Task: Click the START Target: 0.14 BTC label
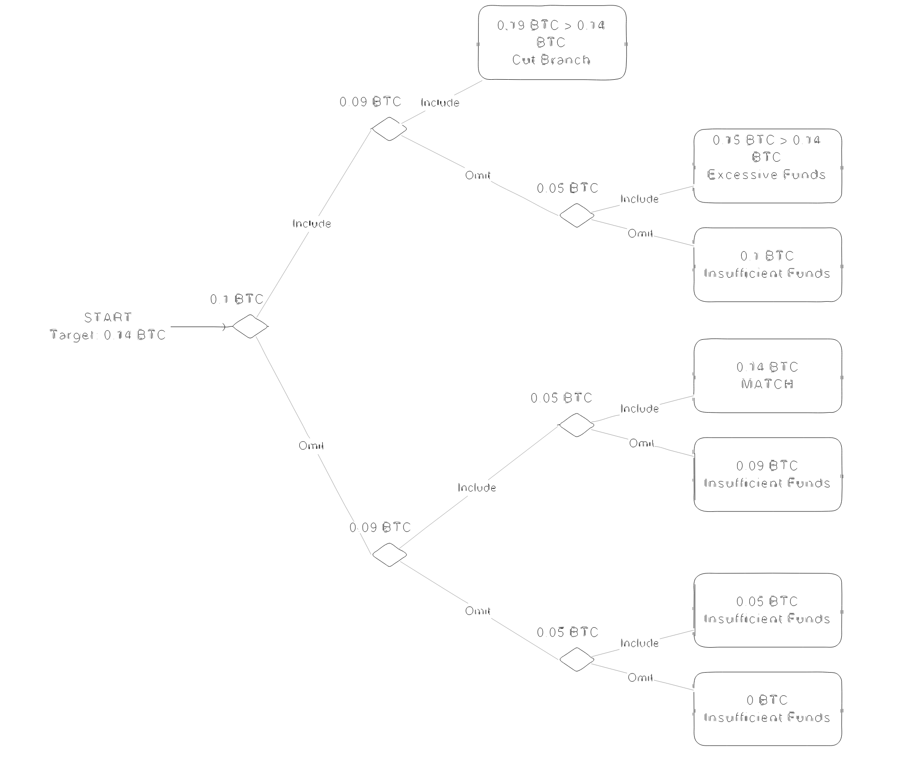point(108,326)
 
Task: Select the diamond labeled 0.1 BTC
point(250,326)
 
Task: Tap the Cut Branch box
point(552,43)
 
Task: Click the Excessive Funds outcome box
point(767,166)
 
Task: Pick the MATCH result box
point(767,375)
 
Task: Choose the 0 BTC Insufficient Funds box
point(767,709)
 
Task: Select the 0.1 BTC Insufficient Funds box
point(767,265)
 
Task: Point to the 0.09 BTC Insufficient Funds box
point(767,474)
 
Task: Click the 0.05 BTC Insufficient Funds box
point(767,610)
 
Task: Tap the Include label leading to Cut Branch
point(440,103)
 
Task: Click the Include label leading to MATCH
point(639,409)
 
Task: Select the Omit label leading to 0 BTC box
point(640,678)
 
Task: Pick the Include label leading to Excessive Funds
point(639,199)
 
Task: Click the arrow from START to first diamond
point(198,327)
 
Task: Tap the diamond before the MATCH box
point(576,425)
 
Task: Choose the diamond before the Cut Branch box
point(389,129)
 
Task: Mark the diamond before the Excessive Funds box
point(576,215)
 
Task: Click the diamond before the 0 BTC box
point(576,659)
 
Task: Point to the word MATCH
point(767,384)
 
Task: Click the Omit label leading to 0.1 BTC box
point(640,233)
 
